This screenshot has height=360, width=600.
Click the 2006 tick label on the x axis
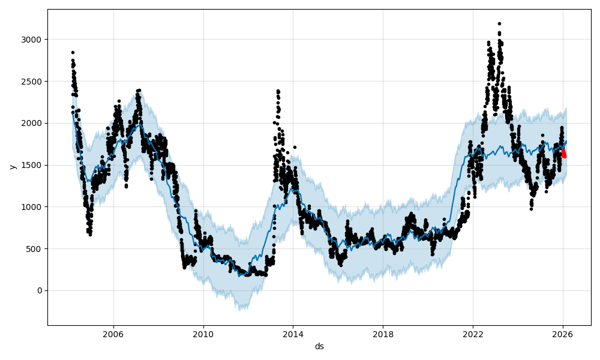click(x=113, y=334)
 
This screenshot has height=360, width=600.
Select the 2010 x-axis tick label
click(x=203, y=334)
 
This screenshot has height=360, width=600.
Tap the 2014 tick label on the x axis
click(x=293, y=334)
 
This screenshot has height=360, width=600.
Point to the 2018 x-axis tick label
click(x=383, y=334)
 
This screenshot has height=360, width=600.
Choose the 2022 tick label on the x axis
click(x=473, y=334)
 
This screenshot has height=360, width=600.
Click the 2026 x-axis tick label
click(x=563, y=334)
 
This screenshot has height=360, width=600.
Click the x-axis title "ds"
click(x=319, y=346)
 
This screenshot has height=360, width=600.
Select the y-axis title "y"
click(x=12, y=165)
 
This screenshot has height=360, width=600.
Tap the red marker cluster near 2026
click(x=563, y=154)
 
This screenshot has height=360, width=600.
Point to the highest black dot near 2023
click(x=499, y=23)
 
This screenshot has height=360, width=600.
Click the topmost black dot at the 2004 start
click(x=73, y=52)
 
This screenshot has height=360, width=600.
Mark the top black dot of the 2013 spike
click(x=278, y=91)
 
